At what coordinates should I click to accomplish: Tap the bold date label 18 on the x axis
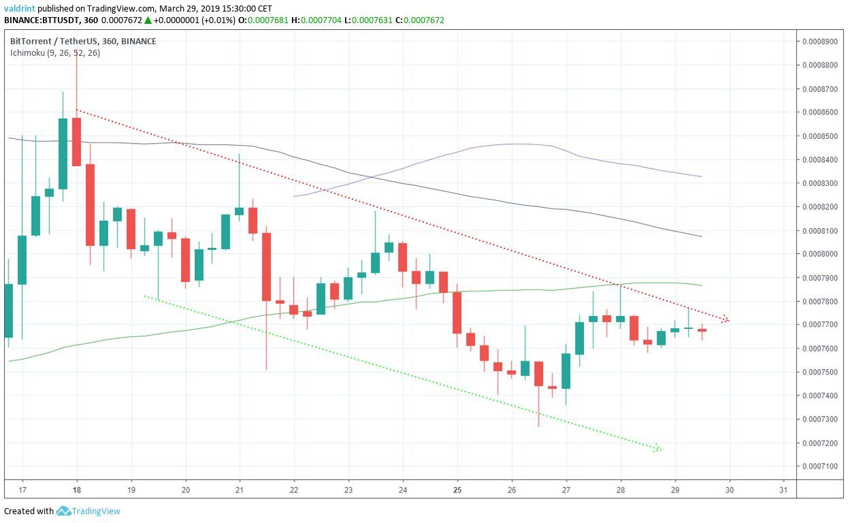pos(76,489)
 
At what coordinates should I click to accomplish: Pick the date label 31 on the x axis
pos(783,489)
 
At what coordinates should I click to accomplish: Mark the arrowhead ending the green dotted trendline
pos(657,448)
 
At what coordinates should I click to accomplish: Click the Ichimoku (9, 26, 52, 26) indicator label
pos(55,52)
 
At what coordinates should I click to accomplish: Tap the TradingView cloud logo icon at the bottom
pos(64,511)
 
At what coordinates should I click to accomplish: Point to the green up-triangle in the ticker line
pos(148,20)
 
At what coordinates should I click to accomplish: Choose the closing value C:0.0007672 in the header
pos(421,20)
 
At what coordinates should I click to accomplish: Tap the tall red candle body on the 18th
pos(76,142)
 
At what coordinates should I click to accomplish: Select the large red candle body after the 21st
pos(266,266)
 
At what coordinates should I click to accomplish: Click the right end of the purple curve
pos(700,176)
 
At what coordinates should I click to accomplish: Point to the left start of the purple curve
pos(295,196)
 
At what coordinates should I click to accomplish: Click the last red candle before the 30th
pos(702,330)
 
